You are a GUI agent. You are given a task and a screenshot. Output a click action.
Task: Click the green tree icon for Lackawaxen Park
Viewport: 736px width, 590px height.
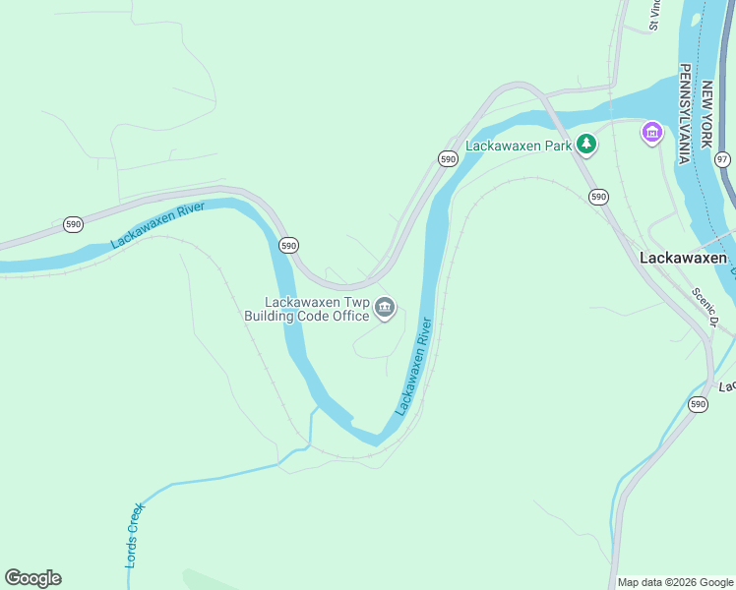pyautogui.click(x=586, y=145)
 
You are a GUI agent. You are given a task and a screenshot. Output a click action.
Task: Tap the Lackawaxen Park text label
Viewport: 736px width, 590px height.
pyautogui.click(x=519, y=146)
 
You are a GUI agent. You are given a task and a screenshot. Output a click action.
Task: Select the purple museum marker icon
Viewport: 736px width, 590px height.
pyautogui.click(x=651, y=133)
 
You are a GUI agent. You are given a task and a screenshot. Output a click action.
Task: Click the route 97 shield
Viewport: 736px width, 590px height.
pyautogui.click(x=723, y=159)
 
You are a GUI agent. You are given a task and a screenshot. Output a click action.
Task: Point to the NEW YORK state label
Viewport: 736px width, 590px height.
pyautogui.click(x=705, y=114)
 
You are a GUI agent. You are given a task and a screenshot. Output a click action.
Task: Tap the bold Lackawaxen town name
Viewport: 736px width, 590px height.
pyautogui.click(x=683, y=258)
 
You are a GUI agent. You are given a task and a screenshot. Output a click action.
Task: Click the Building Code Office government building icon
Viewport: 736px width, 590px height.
pyautogui.click(x=385, y=309)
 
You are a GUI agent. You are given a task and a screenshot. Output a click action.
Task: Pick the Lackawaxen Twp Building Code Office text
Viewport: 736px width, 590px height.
pyautogui.click(x=317, y=309)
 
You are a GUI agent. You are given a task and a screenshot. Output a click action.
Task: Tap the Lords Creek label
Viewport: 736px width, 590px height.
pyautogui.click(x=135, y=535)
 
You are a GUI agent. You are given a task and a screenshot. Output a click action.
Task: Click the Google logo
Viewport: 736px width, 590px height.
pyautogui.click(x=32, y=578)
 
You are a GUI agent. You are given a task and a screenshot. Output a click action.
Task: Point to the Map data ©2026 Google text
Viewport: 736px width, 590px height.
pyautogui.click(x=675, y=582)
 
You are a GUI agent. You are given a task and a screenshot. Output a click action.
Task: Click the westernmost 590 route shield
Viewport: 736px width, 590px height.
pyautogui.click(x=73, y=224)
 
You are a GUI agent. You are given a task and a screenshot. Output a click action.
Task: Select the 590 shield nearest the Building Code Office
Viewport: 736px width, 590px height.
pyautogui.click(x=288, y=245)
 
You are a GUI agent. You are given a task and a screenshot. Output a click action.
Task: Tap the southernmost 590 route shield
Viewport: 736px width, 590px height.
pyautogui.click(x=698, y=404)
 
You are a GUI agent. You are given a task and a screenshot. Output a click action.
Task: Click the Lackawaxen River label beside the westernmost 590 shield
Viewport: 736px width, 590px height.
pyautogui.click(x=156, y=225)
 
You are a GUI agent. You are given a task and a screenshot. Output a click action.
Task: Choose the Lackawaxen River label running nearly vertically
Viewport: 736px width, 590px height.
pyautogui.click(x=414, y=366)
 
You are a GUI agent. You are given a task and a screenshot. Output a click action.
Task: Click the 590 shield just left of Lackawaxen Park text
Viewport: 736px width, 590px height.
pyautogui.click(x=448, y=158)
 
